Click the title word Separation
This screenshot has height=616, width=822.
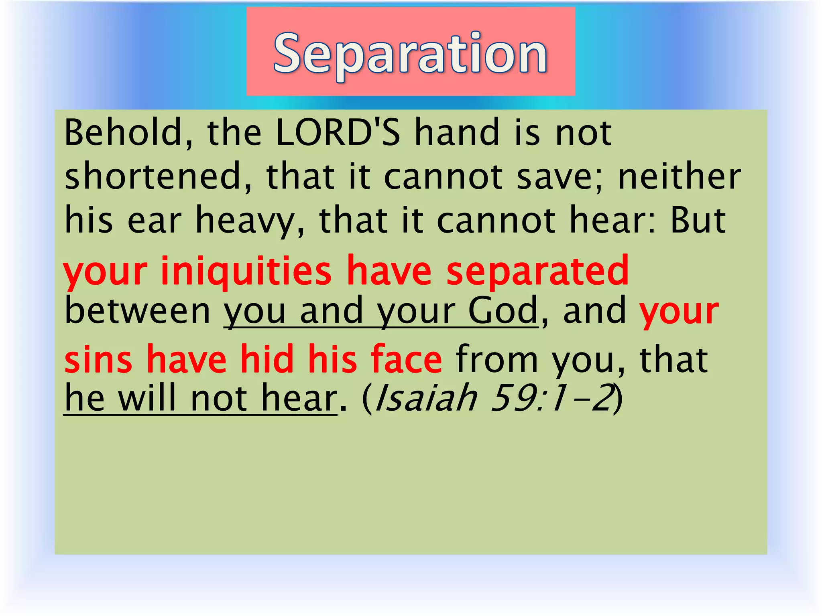pyautogui.click(x=410, y=54)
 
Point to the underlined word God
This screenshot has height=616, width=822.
pyautogui.click(x=503, y=311)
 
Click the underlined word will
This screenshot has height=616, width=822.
pyautogui.click(x=147, y=398)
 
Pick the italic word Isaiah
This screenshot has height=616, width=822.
pyautogui.click(x=425, y=398)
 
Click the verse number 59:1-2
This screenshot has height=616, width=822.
pyautogui.click(x=552, y=398)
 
